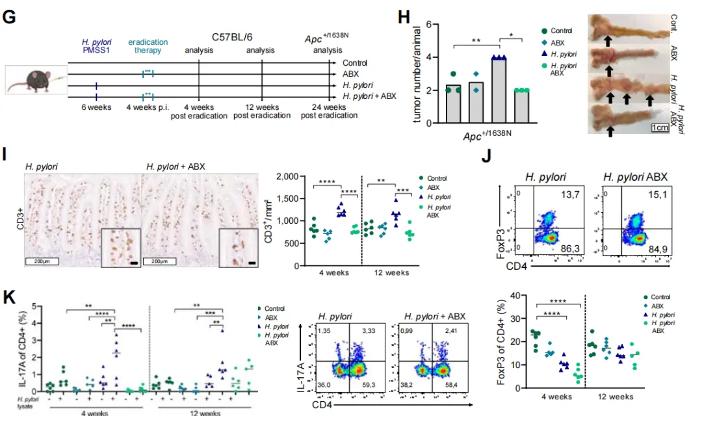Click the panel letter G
coord(9,18)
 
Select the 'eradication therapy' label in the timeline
coord(148,47)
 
